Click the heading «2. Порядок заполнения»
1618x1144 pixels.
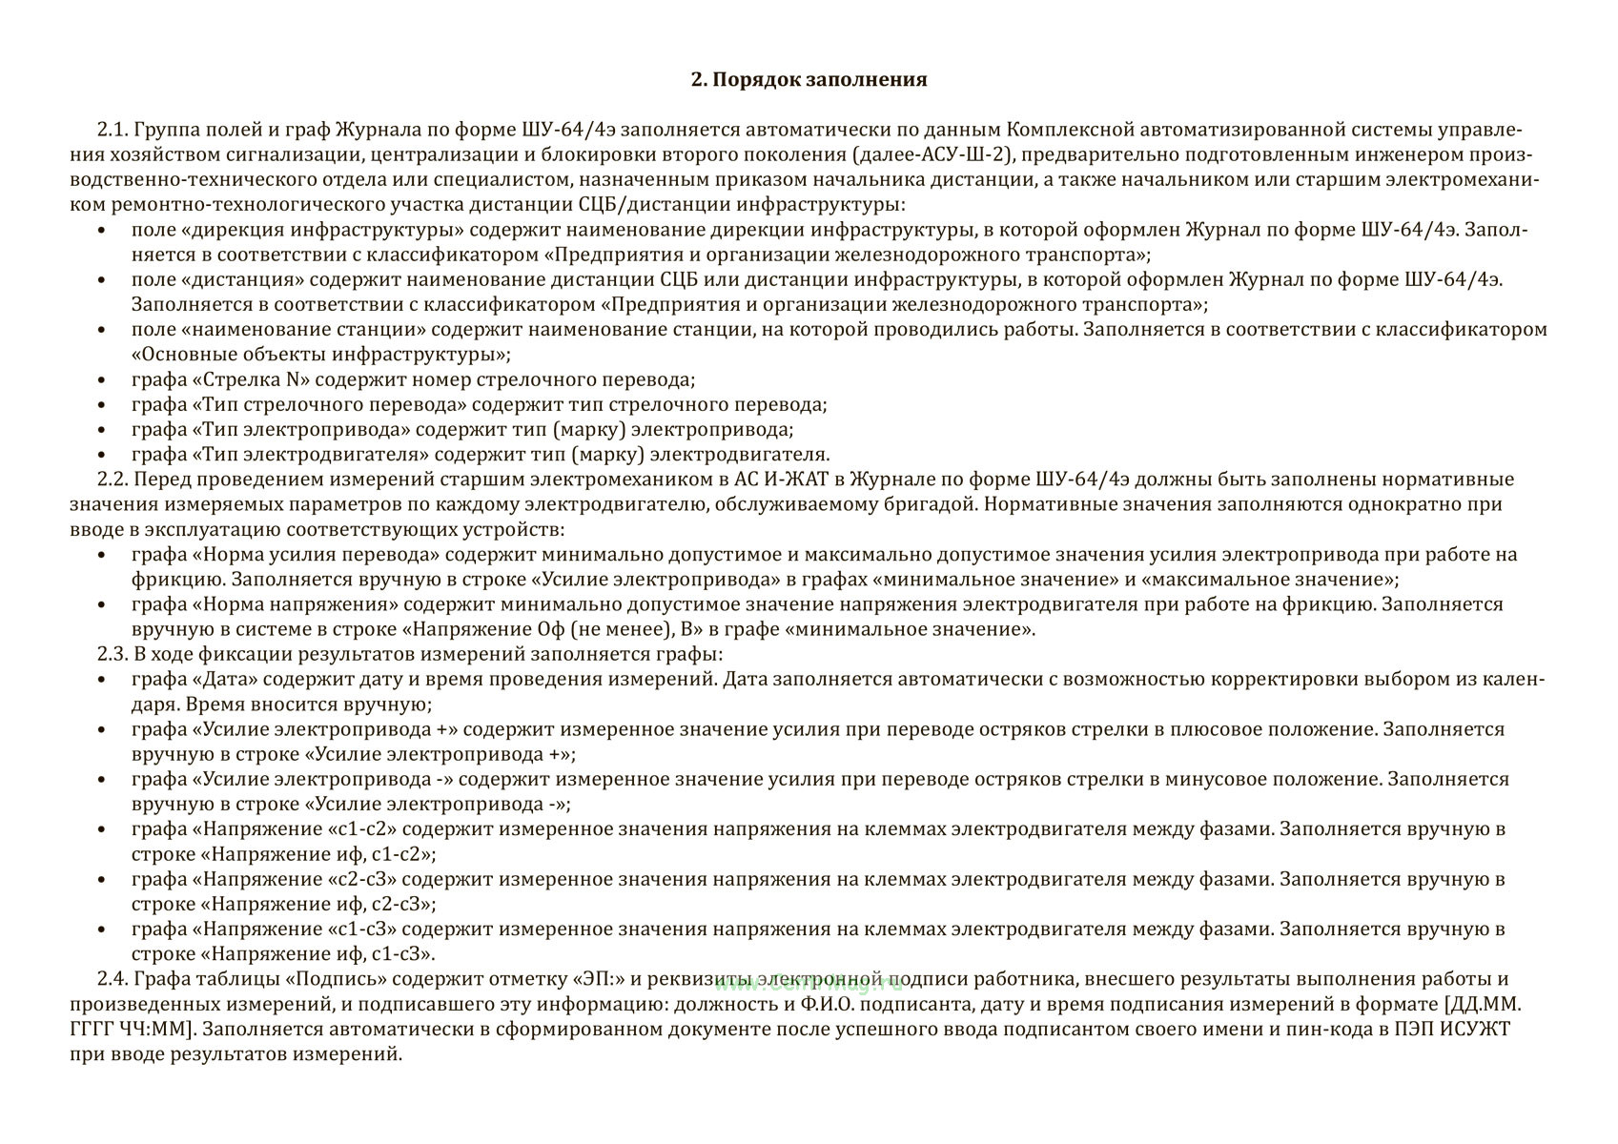(x=809, y=79)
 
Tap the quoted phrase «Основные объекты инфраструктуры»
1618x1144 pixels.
(x=320, y=355)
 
